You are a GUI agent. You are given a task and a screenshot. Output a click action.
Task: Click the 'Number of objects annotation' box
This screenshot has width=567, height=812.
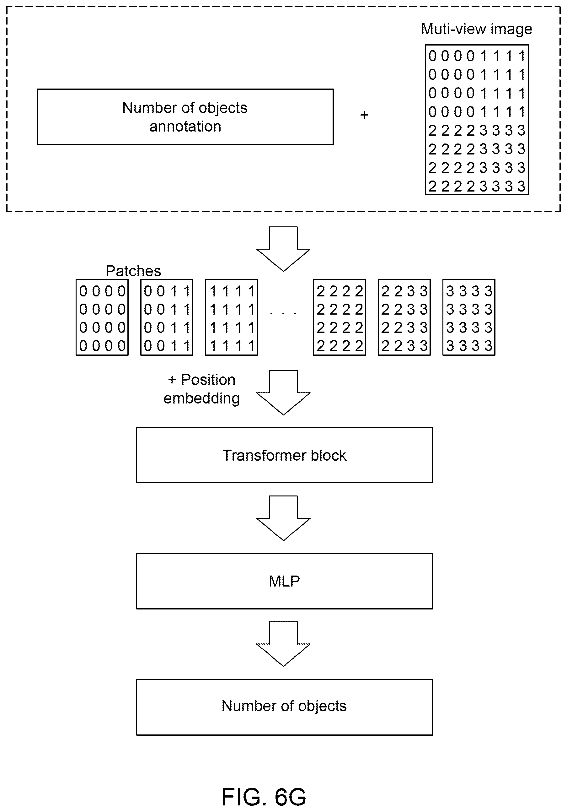click(185, 117)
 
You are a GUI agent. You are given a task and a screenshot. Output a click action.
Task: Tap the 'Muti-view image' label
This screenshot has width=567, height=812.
click(477, 29)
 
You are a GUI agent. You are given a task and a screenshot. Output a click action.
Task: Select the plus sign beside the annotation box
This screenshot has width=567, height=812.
click(364, 115)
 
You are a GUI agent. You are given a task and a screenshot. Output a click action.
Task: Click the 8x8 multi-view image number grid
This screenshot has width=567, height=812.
click(477, 120)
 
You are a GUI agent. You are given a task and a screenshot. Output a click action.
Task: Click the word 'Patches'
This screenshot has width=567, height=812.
click(133, 271)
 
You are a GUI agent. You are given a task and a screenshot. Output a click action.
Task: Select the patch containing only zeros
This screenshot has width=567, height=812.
click(102, 317)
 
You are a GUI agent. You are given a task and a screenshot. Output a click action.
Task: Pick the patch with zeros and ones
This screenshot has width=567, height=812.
click(167, 317)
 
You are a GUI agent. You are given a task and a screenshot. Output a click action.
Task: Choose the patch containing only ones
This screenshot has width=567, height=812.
click(232, 317)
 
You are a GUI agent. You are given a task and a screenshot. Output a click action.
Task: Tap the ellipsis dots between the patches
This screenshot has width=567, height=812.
click(283, 313)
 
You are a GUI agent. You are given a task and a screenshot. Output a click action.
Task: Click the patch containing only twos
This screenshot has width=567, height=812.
click(340, 317)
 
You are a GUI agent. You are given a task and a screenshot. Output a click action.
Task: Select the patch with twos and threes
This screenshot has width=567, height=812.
click(404, 317)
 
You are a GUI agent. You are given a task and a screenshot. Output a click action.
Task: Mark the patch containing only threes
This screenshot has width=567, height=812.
click(469, 317)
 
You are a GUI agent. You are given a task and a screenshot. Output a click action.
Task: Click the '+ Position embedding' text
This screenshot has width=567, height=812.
click(201, 389)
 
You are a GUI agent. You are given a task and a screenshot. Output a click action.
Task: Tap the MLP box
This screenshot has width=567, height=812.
click(285, 581)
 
